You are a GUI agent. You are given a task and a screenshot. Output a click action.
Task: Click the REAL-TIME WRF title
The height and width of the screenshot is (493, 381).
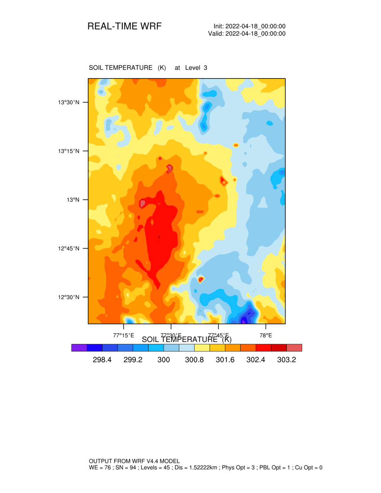pyautogui.click(x=124, y=26)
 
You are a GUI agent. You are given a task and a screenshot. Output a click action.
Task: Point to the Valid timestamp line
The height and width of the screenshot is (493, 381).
pyautogui.click(x=247, y=33)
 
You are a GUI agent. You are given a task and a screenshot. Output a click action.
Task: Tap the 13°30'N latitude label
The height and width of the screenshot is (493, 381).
pyautogui.click(x=68, y=102)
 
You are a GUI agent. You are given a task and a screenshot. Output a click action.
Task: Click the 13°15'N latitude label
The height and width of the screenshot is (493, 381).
pyautogui.click(x=68, y=151)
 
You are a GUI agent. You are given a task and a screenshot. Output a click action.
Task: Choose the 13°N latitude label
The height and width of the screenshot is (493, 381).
pyautogui.click(x=73, y=200)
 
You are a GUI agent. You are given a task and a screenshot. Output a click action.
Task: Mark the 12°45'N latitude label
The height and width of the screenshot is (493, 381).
pyautogui.click(x=68, y=249)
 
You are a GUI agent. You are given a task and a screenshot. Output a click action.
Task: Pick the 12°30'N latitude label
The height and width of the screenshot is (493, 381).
pyautogui.click(x=68, y=297)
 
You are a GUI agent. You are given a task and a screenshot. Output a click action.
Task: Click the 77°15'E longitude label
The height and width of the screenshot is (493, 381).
pyautogui.click(x=124, y=336)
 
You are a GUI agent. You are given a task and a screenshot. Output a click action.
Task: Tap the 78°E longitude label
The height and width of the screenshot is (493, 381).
pyautogui.click(x=266, y=336)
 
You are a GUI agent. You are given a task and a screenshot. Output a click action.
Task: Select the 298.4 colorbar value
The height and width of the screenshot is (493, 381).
pyautogui.click(x=102, y=360)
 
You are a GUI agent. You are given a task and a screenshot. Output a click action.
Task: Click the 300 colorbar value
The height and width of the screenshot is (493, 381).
pyautogui.click(x=164, y=360)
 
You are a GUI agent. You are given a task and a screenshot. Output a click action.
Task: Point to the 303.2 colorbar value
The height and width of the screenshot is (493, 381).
pyautogui.click(x=286, y=360)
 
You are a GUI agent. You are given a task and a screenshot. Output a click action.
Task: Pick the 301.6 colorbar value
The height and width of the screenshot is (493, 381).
pyautogui.click(x=225, y=360)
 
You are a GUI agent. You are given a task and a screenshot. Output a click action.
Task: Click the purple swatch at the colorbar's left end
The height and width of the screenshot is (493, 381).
pyautogui.click(x=79, y=348)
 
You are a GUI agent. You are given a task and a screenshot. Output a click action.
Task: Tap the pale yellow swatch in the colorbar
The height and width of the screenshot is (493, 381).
pyautogui.click(x=202, y=348)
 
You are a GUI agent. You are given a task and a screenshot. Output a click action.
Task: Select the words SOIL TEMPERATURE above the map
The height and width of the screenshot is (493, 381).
pyautogui.click(x=121, y=68)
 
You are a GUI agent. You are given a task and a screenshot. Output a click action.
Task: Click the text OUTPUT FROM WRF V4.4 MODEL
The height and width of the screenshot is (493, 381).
pyautogui.click(x=134, y=461)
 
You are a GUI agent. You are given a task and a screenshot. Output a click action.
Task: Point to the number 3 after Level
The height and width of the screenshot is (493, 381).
pyautogui.click(x=205, y=68)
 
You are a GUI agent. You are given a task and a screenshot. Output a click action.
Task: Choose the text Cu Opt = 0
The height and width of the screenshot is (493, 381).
pyautogui.click(x=308, y=468)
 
